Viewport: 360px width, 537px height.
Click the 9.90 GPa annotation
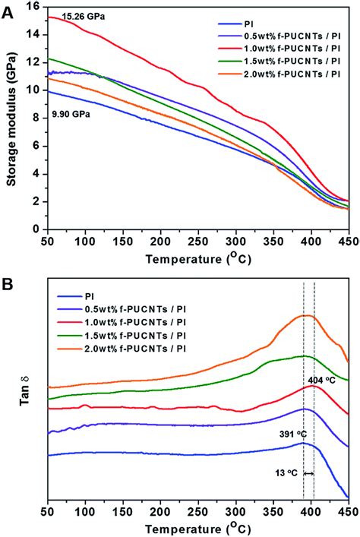(x=72, y=114)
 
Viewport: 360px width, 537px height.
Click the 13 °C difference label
(x=286, y=472)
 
